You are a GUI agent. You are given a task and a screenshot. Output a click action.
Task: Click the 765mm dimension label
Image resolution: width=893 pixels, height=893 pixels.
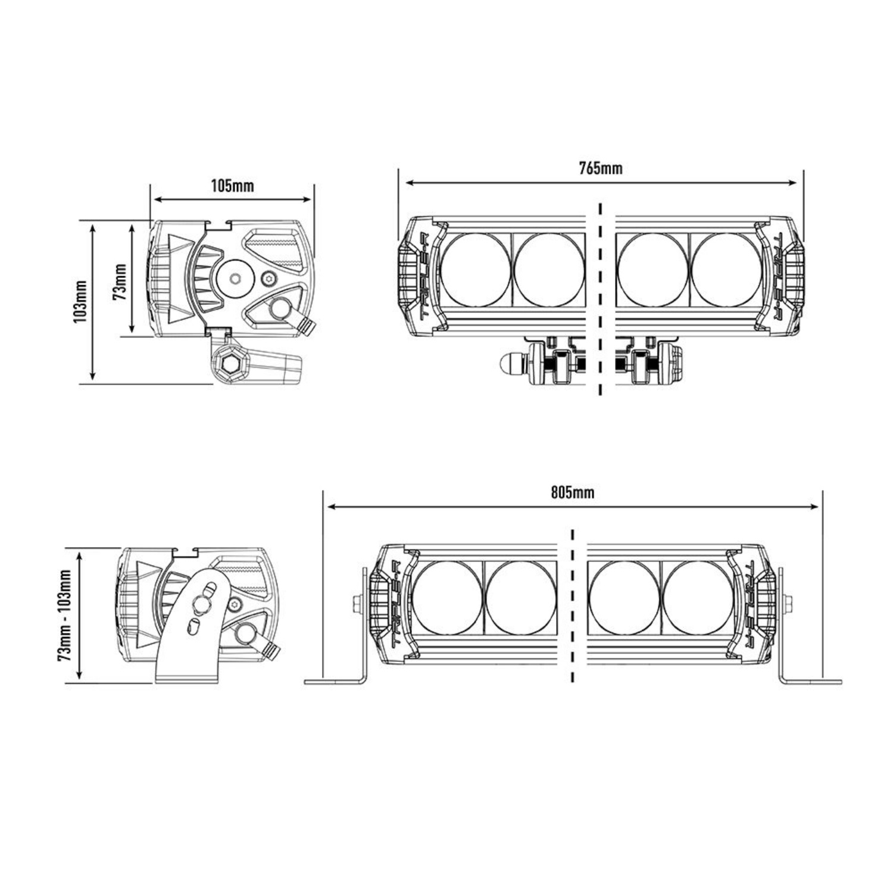coord(601,168)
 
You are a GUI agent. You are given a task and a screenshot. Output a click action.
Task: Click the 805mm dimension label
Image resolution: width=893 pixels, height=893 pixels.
coord(572,492)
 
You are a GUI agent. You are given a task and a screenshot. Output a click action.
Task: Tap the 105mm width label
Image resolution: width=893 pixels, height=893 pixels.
coord(232,186)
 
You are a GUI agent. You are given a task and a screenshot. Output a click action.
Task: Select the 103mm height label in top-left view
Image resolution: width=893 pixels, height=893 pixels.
coord(81,302)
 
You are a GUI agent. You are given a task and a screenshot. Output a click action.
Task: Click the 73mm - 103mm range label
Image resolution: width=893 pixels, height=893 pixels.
coord(65,614)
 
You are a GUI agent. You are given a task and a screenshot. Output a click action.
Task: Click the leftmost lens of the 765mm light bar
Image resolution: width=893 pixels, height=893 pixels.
coord(476,270)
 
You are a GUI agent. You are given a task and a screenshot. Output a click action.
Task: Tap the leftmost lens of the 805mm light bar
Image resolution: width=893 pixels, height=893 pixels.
coord(447,597)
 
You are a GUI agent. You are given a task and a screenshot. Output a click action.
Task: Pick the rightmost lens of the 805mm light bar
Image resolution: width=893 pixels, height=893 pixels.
coord(697,597)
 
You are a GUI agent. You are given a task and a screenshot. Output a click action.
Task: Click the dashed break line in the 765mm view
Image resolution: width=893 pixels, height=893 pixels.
coord(600,298)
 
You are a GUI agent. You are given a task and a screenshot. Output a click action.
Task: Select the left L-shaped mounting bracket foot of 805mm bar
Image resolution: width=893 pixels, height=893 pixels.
coord(335,682)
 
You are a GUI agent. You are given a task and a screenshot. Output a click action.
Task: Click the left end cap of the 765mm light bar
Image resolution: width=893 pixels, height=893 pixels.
coord(416,276)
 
